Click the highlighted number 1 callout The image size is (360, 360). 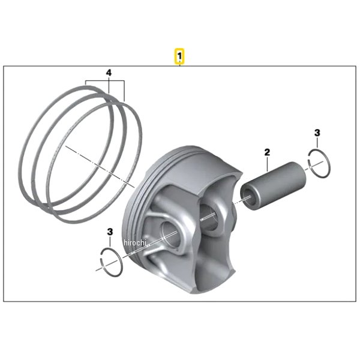(179, 56)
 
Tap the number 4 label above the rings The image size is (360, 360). (109, 73)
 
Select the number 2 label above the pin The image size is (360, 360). (267, 152)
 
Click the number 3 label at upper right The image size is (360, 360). (317, 133)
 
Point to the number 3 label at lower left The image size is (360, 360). (110, 232)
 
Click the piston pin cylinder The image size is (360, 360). (273, 186)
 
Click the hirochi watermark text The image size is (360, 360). (135, 242)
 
